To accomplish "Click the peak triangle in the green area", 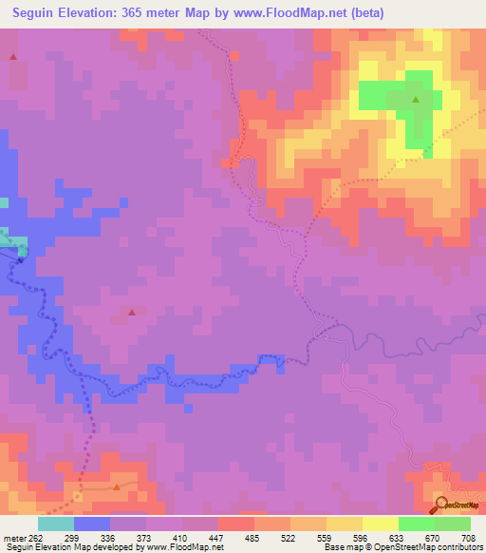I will click(415, 98).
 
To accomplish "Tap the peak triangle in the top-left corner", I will click(13, 57).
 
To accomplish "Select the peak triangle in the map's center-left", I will click(132, 312).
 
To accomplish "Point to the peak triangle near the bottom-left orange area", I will click(117, 486).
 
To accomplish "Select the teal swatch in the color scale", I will click(56, 524).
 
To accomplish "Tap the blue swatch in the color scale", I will click(92, 524).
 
